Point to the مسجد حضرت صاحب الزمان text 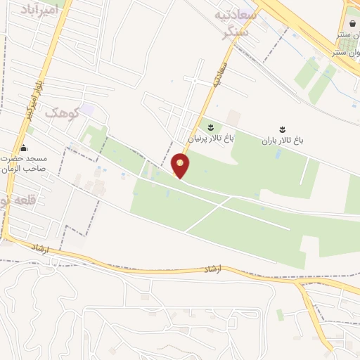coord(23,164)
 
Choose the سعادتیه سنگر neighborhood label coord(238,23)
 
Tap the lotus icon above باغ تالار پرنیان coord(210,127)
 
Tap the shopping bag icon coord(352,24)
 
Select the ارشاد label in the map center coord(212,269)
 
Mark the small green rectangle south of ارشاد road coord(280,314)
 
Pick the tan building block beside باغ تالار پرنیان coord(233,117)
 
